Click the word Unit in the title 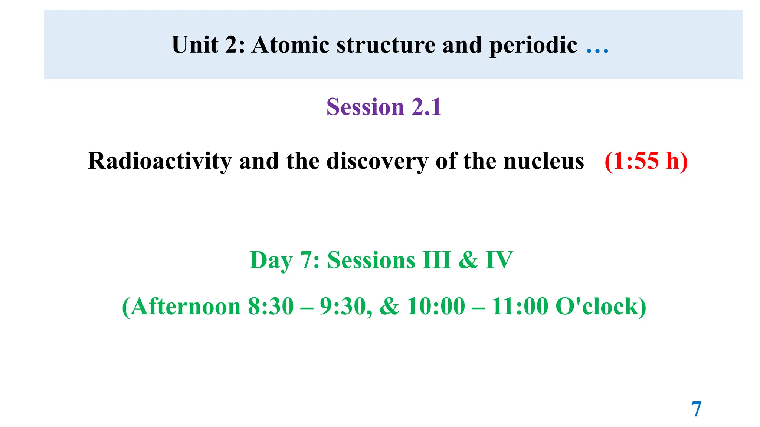[195, 45]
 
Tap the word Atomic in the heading [290, 45]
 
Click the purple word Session [365, 107]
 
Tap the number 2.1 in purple [426, 107]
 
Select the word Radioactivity [160, 161]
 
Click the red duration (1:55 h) [646, 161]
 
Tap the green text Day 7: [285, 260]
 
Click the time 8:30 [271, 307]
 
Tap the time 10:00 [436, 307]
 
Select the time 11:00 [519, 307]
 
